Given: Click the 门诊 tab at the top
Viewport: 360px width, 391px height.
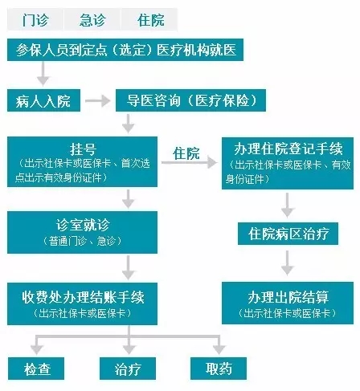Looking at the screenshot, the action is pos(35,19).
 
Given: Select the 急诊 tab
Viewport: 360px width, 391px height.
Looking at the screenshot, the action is pos(92,19).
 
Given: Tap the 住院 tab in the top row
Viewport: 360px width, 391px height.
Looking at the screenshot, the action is pos(149,19).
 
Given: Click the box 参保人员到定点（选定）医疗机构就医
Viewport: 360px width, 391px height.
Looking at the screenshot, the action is pos(125,50).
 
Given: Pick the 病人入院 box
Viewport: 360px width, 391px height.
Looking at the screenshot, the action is pos(43,100).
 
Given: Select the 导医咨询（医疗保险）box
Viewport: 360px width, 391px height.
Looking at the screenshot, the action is pos(190,100).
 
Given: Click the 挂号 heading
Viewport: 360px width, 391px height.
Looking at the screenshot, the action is pos(83,149).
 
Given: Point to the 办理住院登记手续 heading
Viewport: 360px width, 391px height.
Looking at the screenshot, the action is pos(288,149).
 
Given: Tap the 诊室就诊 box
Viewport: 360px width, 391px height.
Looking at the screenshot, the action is pos(82,232).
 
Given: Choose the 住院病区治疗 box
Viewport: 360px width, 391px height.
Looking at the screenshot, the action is pos(288,234).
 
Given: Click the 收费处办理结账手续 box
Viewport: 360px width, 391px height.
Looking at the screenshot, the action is pos(82,303).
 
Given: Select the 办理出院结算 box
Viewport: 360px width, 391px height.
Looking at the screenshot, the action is pos(288,303).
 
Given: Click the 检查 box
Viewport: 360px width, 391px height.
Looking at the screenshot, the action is pos(36,369).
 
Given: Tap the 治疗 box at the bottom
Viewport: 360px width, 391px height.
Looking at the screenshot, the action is pos(128,369).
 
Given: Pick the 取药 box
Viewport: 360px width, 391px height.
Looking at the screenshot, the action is pos(219,369).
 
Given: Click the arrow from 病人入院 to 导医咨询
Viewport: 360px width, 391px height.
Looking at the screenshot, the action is pos(98,101).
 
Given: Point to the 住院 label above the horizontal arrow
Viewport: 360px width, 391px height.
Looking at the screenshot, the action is pos(186,153).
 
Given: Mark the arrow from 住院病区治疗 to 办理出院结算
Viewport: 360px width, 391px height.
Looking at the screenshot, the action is pos(288,263).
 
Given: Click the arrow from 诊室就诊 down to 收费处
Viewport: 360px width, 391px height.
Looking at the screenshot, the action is pos(129,267).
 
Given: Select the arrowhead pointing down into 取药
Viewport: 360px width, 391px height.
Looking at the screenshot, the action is pos(219,349).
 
